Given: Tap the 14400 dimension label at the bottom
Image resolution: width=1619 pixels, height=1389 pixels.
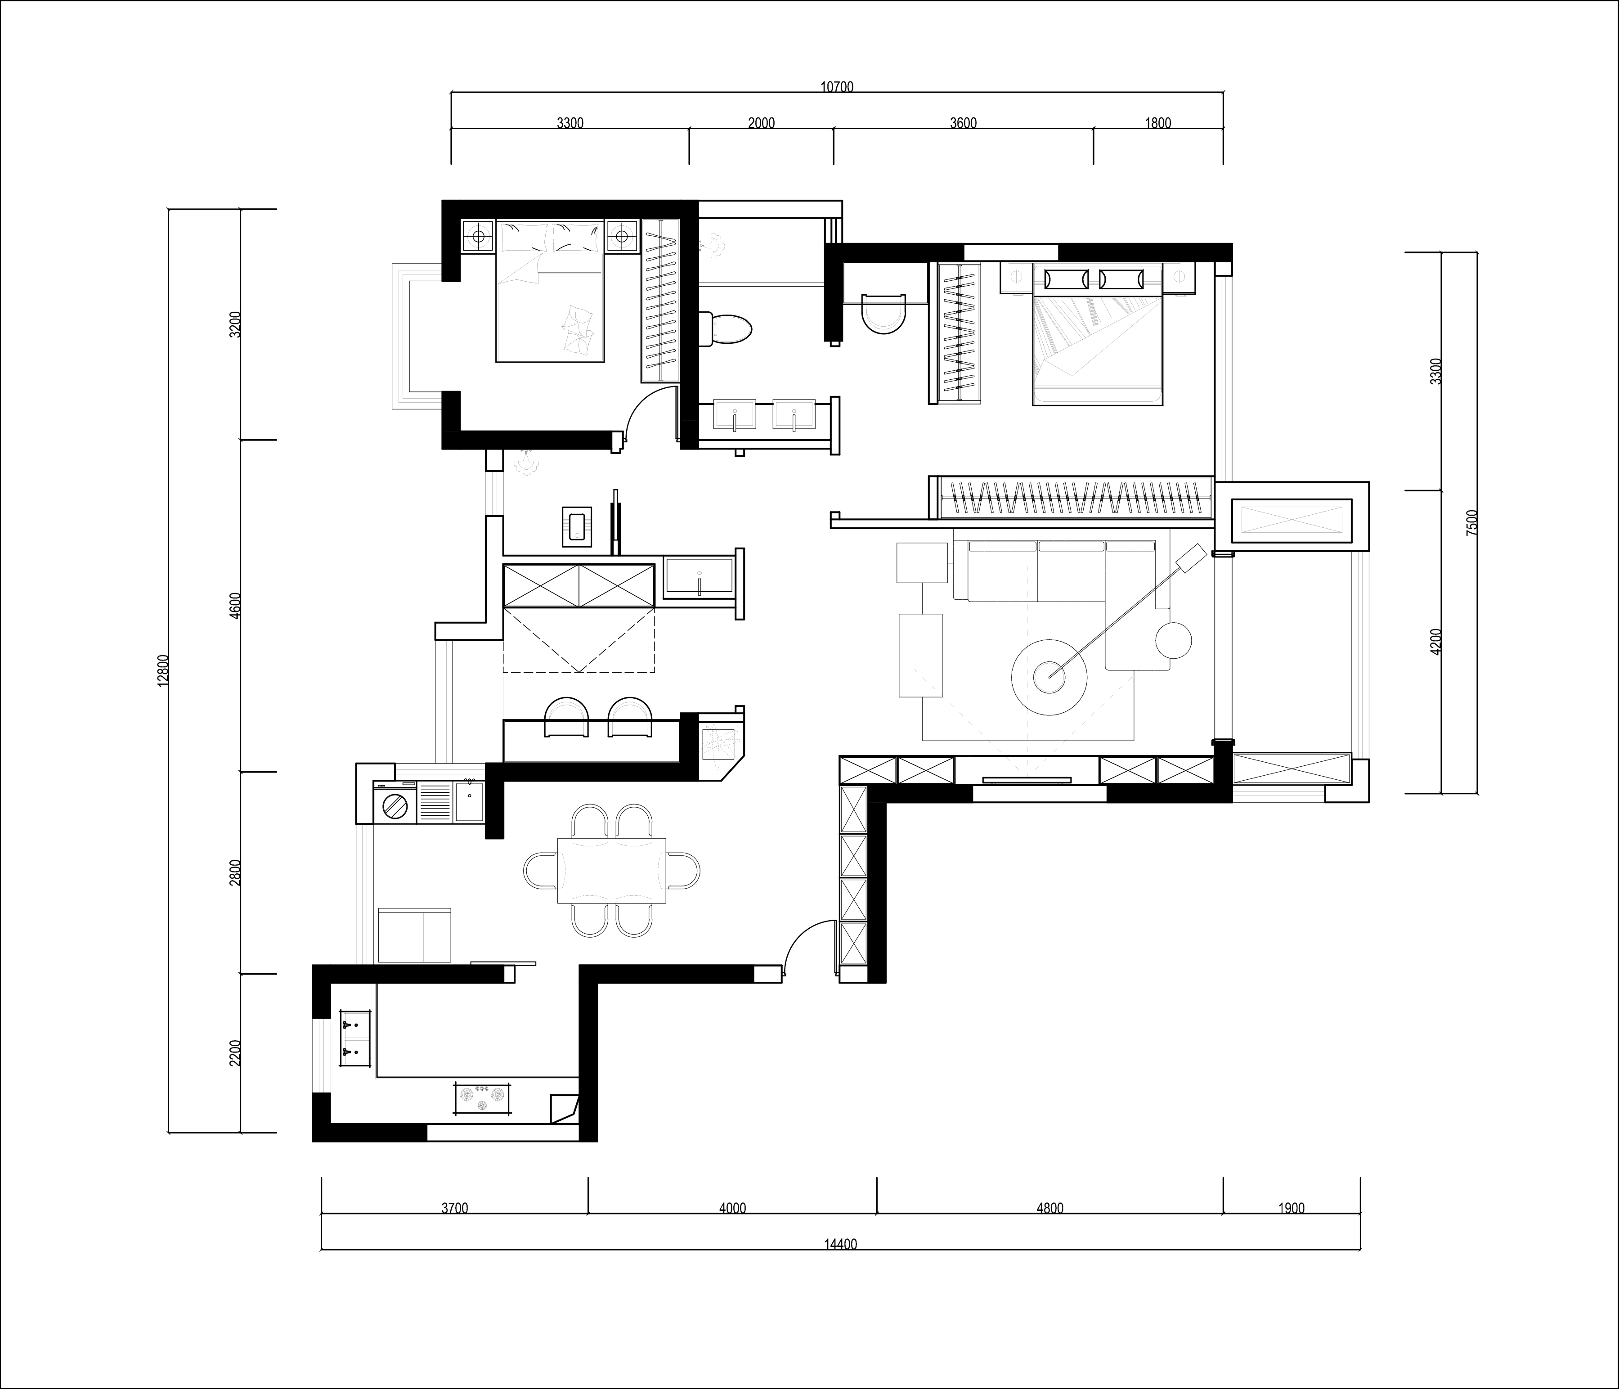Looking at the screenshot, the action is pos(841,1245).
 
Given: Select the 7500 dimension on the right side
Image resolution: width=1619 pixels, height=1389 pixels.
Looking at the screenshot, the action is pos(1472,522).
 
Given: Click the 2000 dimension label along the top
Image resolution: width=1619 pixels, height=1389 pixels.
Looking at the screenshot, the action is pos(761,123).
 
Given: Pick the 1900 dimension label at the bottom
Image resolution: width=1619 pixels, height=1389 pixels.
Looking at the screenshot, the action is pos(1292,1208).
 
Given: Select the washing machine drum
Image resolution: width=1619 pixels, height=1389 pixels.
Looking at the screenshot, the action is pos(395,805).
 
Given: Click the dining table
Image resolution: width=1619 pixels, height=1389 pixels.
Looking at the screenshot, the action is pos(612,870).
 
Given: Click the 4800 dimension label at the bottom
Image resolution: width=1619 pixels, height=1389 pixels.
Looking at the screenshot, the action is pos(1049,1208).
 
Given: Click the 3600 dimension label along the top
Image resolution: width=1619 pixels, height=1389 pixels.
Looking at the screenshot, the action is pos(964,123).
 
